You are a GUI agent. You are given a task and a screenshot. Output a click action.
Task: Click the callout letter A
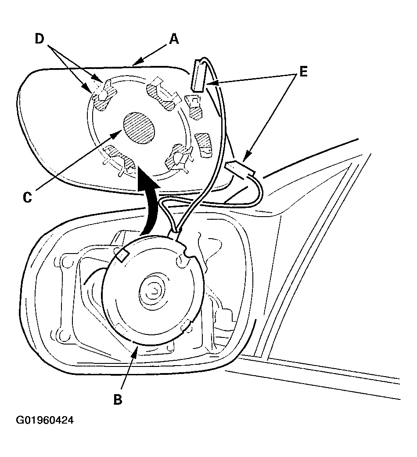click(x=174, y=39)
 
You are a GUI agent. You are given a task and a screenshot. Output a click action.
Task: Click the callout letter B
click(x=118, y=399)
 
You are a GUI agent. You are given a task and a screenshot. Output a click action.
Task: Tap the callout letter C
click(x=27, y=198)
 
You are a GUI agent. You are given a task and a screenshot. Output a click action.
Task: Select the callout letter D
click(x=40, y=39)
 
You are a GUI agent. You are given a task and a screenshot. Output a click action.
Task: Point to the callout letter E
click(x=303, y=72)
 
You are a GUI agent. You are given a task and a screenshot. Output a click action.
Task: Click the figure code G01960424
click(x=45, y=420)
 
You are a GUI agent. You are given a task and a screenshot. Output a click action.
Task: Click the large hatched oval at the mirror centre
click(x=139, y=128)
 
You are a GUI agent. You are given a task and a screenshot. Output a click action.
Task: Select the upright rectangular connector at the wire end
click(x=198, y=76)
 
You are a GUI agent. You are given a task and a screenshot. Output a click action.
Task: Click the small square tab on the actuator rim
click(x=122, y=255)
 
